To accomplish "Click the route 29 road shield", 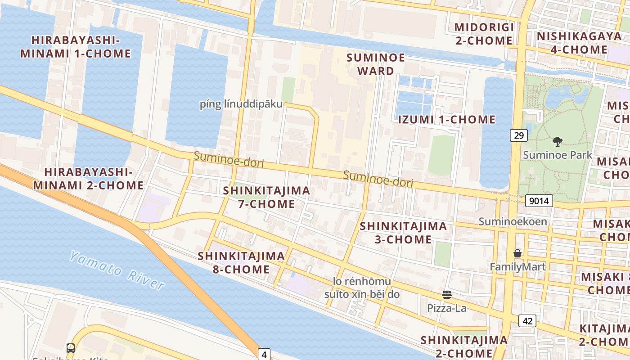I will coord(519,135).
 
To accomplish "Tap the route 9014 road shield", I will coord(539,201).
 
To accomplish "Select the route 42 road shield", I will coord(527,321).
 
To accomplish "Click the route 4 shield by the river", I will coord(264,355).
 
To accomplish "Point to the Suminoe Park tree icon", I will coord(557,142).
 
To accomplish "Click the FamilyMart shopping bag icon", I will coord(517,254).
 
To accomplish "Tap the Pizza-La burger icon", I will coord(447,295).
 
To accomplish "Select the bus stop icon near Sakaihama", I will coord(71,348).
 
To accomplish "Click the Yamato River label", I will coord(117,270).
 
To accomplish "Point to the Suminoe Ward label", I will coord(376,64).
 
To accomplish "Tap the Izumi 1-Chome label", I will coord(446,120).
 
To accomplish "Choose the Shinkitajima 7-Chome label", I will coord(266,197).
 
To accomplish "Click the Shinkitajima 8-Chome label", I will coord(241,263).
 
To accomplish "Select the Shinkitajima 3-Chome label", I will coord(403,232).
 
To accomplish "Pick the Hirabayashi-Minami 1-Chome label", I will coord(81,47).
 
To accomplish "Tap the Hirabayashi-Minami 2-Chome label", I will coord(88,179).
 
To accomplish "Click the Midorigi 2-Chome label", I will coord(484,34).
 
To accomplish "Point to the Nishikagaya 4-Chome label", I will coord(579,43).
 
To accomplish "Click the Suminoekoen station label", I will coord(513,221).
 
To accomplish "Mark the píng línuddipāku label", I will coord(241,104).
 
